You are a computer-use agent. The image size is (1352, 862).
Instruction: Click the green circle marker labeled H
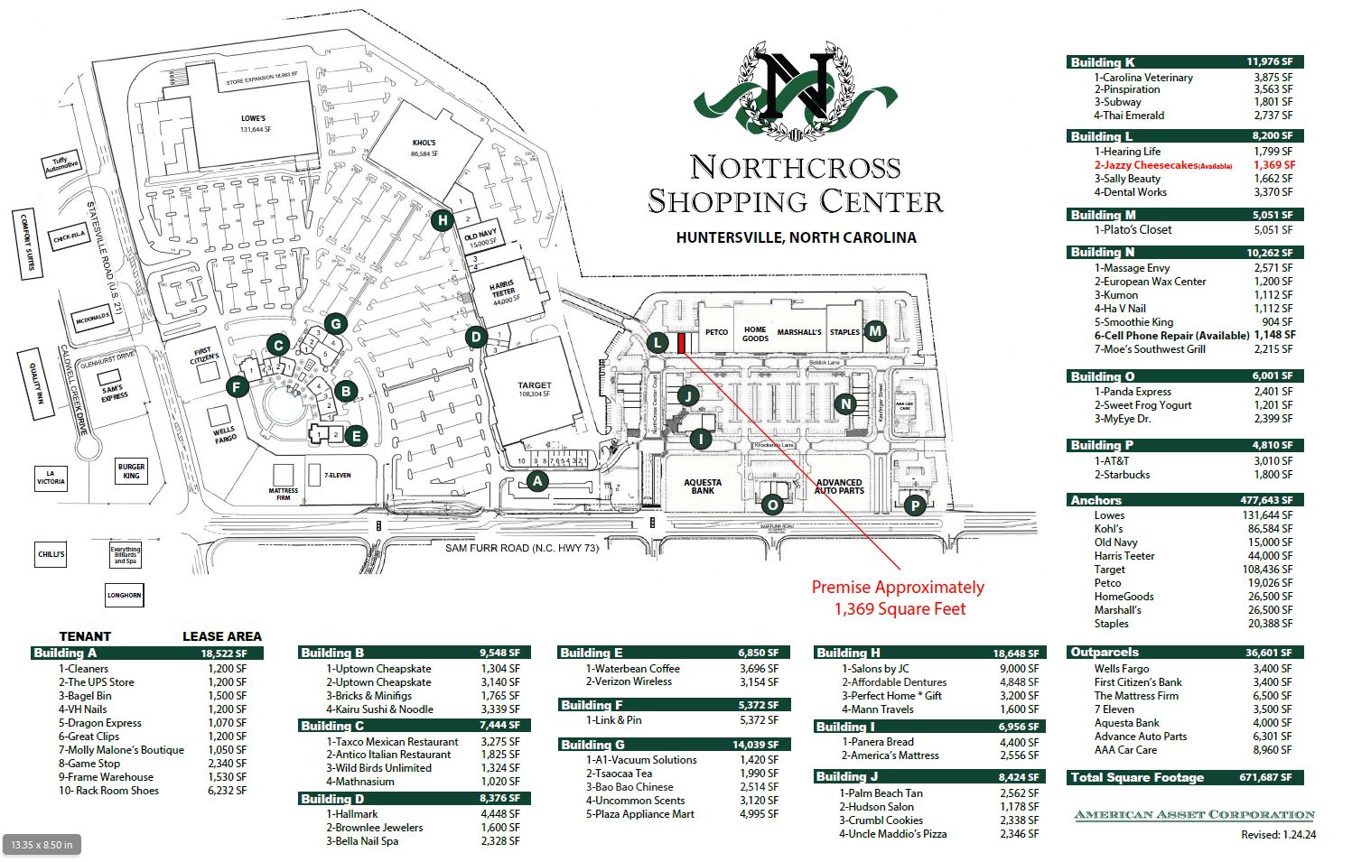click(x=441, y=219)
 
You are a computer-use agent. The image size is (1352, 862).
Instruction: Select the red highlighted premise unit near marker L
click(x=682, y=343)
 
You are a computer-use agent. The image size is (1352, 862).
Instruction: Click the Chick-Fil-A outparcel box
click(x=69, y=238)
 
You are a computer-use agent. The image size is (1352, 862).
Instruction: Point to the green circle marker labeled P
click(x=915, y=505)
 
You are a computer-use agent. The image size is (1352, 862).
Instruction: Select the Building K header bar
click(x=1184, y=62)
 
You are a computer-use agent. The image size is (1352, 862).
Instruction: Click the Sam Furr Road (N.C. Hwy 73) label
click(x=522, y=548)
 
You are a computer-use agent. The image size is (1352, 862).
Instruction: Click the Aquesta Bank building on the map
click(x=703, y=487)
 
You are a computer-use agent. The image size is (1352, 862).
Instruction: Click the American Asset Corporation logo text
click(x=1194, y=815)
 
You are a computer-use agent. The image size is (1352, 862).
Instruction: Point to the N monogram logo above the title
click(x=796, y=88)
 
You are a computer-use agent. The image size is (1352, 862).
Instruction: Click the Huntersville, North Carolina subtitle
click(x=796, y=237)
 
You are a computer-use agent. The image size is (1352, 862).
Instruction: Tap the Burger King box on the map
click(x=131, y=471)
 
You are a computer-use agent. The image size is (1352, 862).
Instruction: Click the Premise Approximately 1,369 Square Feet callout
click(x=898, y=598)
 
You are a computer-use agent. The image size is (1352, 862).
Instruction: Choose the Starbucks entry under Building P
click(x=1123, y=475)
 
